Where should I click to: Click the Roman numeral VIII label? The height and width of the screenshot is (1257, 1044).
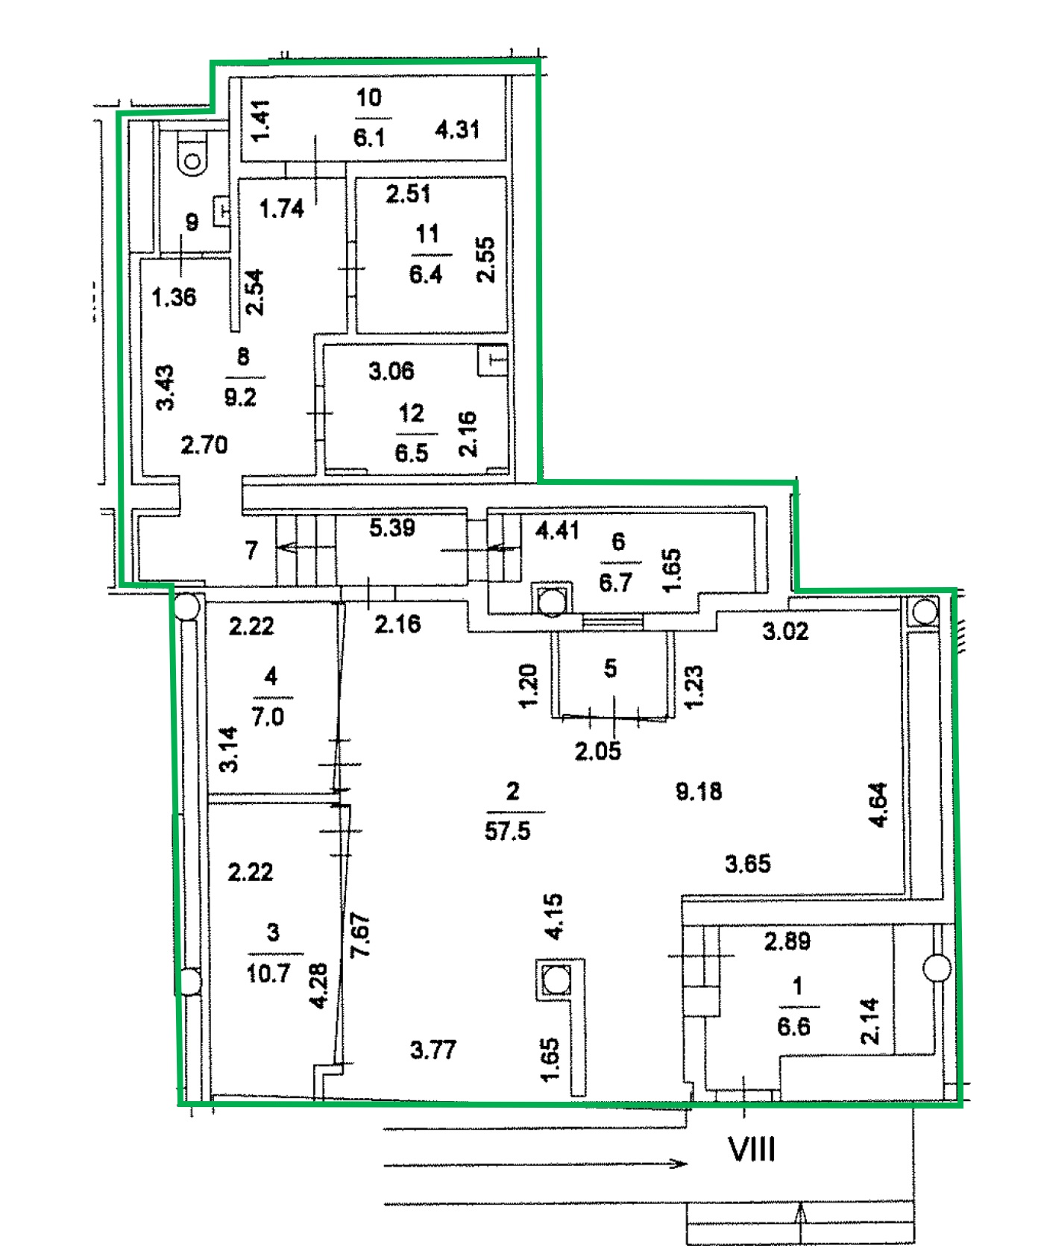[x=752, y=1150]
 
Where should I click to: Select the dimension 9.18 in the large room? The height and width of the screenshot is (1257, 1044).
[x=699, y=791]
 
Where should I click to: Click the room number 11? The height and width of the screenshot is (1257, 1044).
[x=427, y=234]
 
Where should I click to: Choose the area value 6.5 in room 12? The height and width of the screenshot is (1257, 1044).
[x=412, y=453]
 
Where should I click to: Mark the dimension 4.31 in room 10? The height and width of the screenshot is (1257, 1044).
[x=457, y=130]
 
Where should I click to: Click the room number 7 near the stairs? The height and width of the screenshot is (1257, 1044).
[x=251, y=551]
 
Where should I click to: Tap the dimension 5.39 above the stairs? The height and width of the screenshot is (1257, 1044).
[x=392, y=528]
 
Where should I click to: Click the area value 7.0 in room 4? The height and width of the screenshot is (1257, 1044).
[x=268, y=717]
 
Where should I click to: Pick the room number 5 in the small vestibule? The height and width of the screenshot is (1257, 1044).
[x=611, y=668]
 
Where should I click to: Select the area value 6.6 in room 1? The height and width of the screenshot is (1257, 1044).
[x=793, y=1026]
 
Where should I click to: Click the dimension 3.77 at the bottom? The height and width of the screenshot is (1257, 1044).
[x=433, y=1050]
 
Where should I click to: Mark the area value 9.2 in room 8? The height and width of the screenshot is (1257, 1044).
[x=240, y=397]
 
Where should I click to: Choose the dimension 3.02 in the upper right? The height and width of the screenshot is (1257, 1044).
[x=785, y=632]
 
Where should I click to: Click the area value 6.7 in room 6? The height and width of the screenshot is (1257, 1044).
[x=616, y=583]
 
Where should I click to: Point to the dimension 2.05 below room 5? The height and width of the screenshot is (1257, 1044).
[x=598, y=751]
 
